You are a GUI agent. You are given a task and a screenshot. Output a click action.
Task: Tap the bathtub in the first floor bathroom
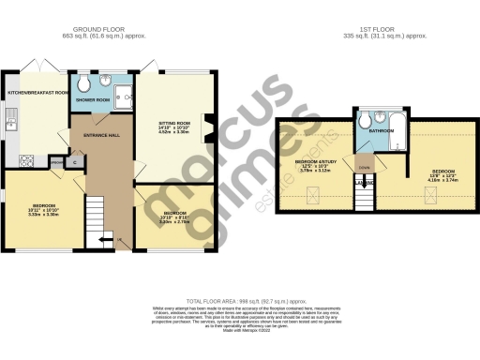pos(393,143)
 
